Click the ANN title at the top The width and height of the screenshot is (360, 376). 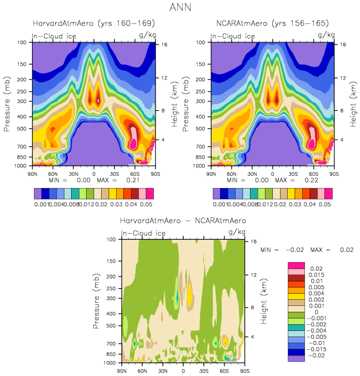[x=180, y=7]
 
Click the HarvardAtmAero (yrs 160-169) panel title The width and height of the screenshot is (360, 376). [x=93, y=23]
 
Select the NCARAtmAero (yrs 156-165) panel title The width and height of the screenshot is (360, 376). [x=272, y=23]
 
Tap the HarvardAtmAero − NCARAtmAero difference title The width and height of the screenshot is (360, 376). [x=183, y=221]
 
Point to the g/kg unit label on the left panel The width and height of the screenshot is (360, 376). [x=144, y=35]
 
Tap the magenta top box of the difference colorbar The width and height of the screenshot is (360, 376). [x=296, y=265]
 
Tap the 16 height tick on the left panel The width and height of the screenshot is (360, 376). [x=163, y=44]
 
